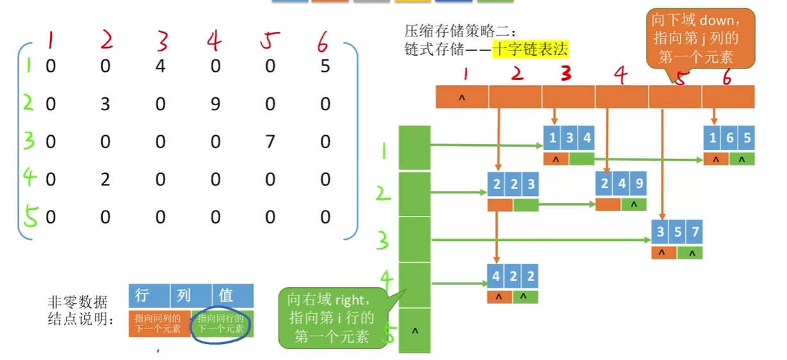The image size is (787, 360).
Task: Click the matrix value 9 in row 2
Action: click(x=215, y=104)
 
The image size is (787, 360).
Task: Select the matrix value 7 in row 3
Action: click(x=270, y=141)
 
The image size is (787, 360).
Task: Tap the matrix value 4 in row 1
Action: click(x=160, y=66)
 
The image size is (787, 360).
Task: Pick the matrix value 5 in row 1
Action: click(x=325, y=66)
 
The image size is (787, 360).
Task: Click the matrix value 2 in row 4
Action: click(x=105, y=179)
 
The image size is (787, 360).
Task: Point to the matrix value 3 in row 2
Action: click(x=105, y=104)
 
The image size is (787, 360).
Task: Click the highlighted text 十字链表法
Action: click(x=530, y=49)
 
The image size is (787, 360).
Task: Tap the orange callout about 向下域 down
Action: click(x=700, y=38)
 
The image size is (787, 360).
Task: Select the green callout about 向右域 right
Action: click(x=332, y=317)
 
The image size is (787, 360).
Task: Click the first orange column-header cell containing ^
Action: click(x=462, y=97)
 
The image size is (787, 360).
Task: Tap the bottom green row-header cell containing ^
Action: click(x=414, y=331)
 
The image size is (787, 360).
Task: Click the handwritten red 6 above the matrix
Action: click(x=323, y=42)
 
